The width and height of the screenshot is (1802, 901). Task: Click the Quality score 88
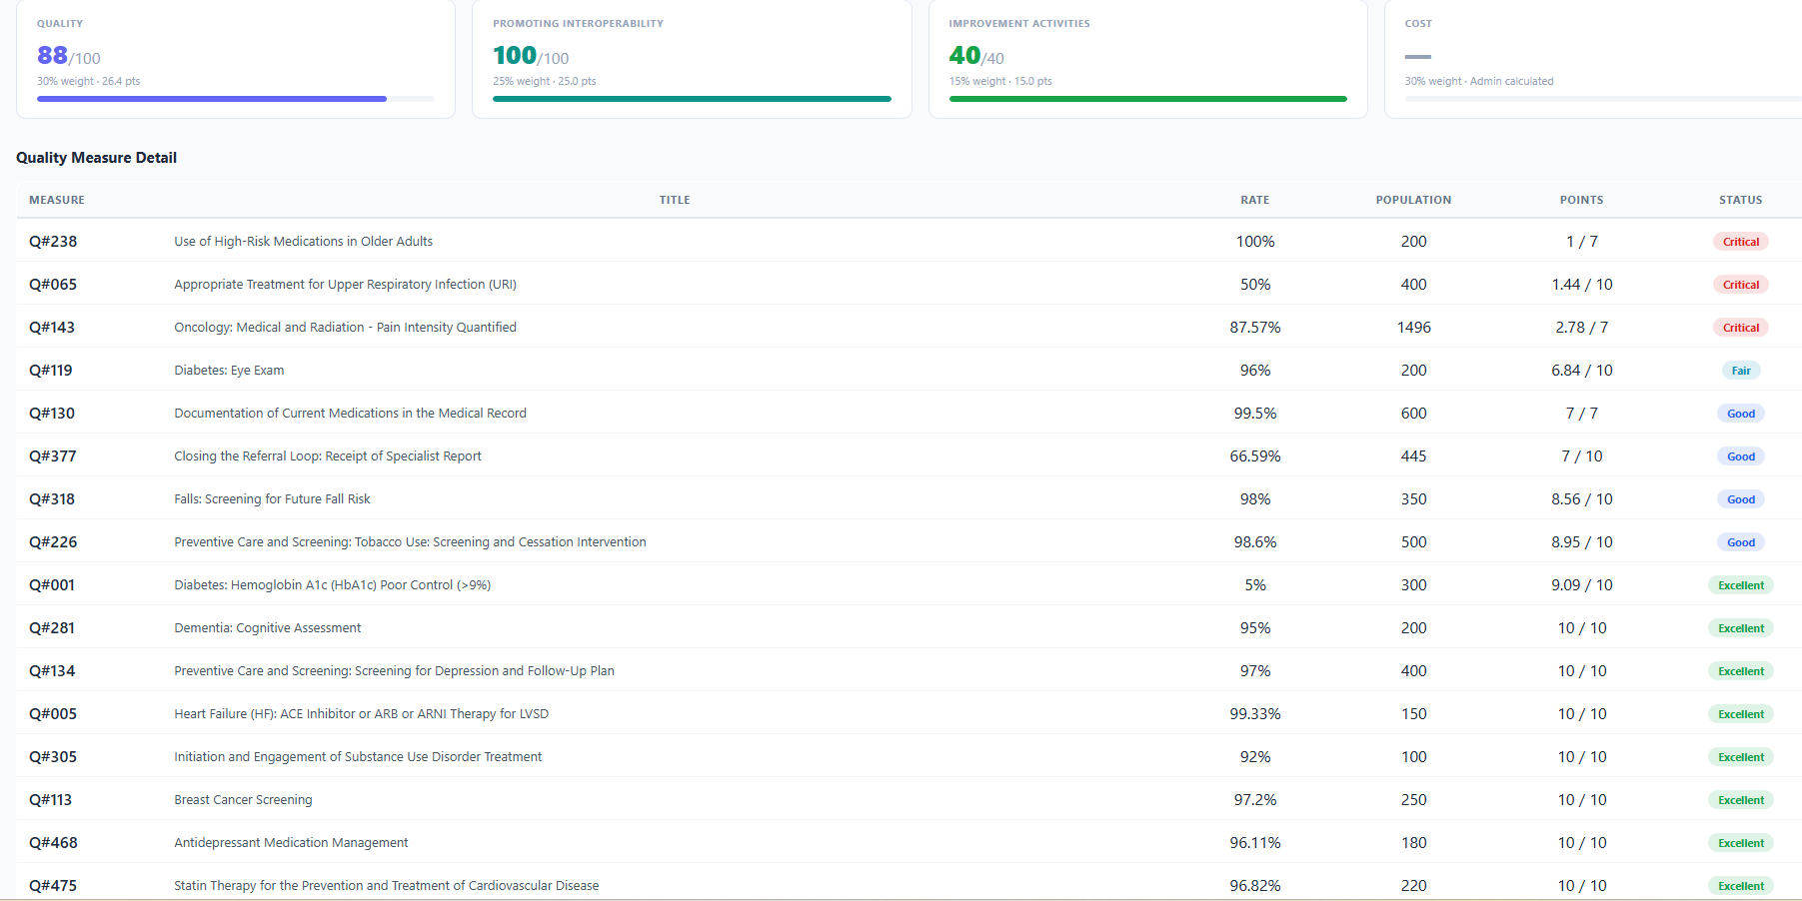[53, 56]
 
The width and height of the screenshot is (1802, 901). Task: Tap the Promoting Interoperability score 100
[515, 56]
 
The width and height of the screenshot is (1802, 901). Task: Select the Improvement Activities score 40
[964, 56]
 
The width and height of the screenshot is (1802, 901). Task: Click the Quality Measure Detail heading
[96, 158]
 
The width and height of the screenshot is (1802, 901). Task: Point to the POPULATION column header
[1413, 200]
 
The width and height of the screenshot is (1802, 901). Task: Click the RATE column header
[1254, 200]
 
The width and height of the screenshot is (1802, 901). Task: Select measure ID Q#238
[53, 242]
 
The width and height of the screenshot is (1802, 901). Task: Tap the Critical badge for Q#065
[1740, 285]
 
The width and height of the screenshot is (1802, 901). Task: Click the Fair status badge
[1740, 371]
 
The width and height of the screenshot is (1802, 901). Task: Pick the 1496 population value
[1413, 328]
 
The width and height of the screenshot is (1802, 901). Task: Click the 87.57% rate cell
[1254, 328]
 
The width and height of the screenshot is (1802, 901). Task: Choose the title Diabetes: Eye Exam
[229, 371]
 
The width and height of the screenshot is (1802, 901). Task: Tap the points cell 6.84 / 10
[1581, 371]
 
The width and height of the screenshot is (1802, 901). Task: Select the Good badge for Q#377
[1740, 456]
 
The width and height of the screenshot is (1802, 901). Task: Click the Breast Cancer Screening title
[243, 800]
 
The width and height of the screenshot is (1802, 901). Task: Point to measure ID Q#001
[52, 585]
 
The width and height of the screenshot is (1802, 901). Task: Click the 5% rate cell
[1254, 585]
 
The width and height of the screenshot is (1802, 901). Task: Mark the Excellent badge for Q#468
[1740, 843]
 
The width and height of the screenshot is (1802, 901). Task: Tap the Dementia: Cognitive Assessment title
[267, 628]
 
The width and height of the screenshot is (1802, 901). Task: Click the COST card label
[1417, 24]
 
